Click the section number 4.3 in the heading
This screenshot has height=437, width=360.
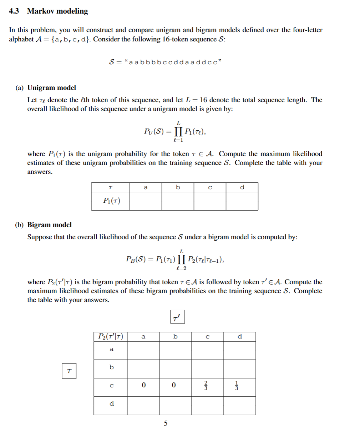14,11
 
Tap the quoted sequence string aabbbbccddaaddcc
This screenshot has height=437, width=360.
173,62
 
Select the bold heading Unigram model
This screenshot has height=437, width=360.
52,88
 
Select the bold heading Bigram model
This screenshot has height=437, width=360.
50,225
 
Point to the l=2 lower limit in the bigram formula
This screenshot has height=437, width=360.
182,268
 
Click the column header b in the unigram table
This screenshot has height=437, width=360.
178,187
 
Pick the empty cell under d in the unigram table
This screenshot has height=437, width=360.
242,201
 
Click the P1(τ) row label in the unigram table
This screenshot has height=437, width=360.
111,201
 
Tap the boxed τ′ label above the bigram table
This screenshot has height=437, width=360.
177,317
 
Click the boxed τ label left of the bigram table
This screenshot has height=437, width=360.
69,371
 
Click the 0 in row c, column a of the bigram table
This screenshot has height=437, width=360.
143,385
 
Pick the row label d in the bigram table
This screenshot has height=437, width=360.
112,404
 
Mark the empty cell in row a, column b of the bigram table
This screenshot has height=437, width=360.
175,350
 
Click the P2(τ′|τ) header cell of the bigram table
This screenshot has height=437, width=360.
111,336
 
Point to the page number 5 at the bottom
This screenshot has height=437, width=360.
166,423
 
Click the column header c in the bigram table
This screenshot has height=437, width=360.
207,336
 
